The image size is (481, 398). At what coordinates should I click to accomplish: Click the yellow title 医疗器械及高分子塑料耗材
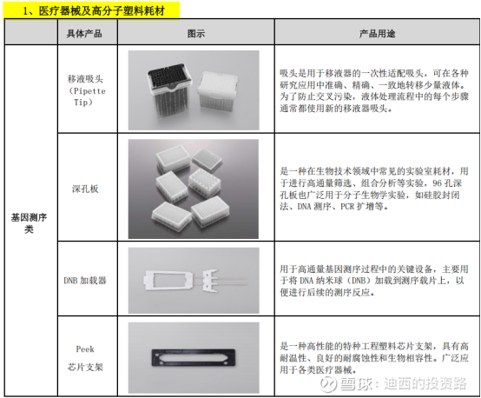coord(102,11)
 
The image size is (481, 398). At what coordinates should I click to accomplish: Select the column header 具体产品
coord(84,34)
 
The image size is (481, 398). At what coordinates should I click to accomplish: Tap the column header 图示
coord(196,34)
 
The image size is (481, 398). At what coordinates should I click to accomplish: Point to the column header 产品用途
coord(377,34)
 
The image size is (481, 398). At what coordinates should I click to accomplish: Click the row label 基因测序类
coord(29,223)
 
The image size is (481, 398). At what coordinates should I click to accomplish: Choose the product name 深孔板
coord(85,189)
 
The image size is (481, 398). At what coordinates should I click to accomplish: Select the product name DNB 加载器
coord(85,281)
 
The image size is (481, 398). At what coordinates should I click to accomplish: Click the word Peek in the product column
coord(85,349)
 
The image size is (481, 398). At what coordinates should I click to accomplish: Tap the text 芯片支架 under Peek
coord(85,367)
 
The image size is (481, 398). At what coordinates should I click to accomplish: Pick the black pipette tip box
coord(169,90)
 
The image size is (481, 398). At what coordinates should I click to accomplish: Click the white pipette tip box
coord(218,90)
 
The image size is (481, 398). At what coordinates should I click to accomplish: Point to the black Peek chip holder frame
coord(194,358)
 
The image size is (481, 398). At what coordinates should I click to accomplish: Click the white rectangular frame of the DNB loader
coord(168,280)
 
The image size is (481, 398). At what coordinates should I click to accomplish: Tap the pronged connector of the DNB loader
coord(210,280)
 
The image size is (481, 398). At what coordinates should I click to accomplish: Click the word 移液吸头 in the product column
coord(85,79)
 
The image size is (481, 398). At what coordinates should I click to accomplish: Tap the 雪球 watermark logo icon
coord(328,383)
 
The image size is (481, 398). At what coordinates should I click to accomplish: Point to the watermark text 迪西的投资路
coord(425,383)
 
